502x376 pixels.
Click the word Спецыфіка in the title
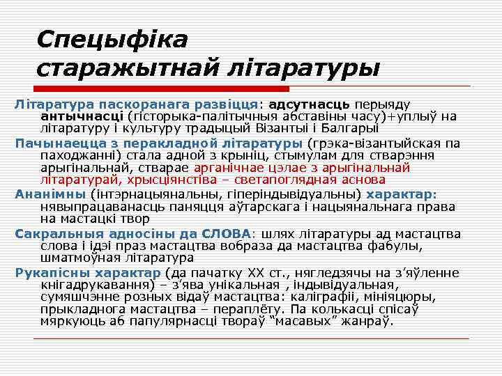tap(112, 39)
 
